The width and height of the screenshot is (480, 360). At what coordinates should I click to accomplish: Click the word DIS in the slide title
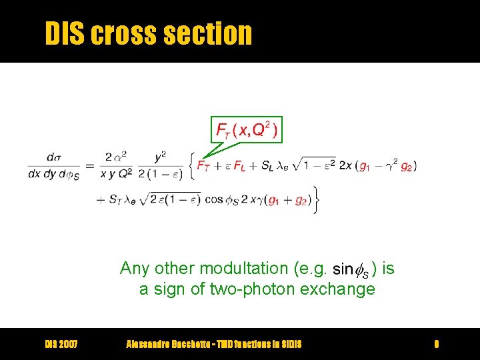pos(65,33)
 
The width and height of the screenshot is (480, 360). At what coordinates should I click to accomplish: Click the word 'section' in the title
pos(215,33)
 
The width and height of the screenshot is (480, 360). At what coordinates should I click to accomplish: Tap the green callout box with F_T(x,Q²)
pos(247,129)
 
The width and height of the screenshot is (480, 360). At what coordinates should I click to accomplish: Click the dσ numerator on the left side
pos(54,157)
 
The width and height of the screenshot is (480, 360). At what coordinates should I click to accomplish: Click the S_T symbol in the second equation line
pos(116,199)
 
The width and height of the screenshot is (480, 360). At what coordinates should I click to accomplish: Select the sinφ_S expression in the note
pos(350,269)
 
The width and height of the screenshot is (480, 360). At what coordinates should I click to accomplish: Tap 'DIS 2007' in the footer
pos(61,344)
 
